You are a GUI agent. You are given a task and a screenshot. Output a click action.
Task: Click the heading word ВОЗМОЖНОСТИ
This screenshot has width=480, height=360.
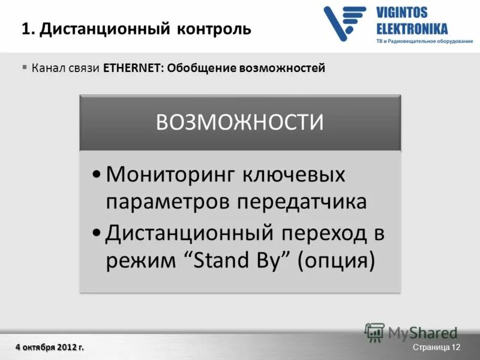pos(240,122)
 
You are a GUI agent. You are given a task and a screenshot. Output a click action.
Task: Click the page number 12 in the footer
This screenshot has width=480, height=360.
pos(455,348)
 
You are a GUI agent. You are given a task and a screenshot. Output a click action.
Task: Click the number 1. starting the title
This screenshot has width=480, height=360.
pos(28,29)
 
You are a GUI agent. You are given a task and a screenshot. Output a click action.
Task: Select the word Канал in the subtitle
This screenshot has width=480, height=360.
pos(47,68)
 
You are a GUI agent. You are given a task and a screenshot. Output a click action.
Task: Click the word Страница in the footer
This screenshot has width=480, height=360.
pos(431,348)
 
